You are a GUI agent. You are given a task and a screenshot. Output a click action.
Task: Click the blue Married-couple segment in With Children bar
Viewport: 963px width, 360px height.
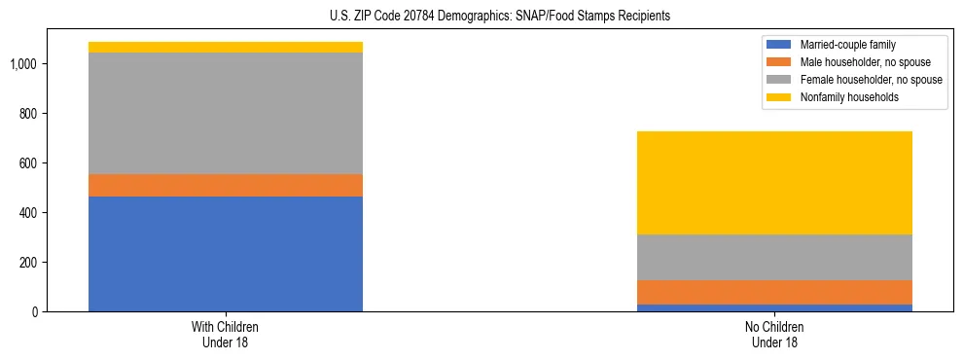[226, 254]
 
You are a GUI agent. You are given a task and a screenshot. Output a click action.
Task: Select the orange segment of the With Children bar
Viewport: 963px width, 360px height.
[226, 186]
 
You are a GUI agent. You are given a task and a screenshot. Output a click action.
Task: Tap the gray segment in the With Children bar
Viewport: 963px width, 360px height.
[226, 113]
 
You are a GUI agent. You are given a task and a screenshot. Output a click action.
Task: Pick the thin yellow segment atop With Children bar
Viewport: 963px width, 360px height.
[226, 47]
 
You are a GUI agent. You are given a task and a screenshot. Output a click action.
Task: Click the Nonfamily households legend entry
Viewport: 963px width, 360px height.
[842, 97]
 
